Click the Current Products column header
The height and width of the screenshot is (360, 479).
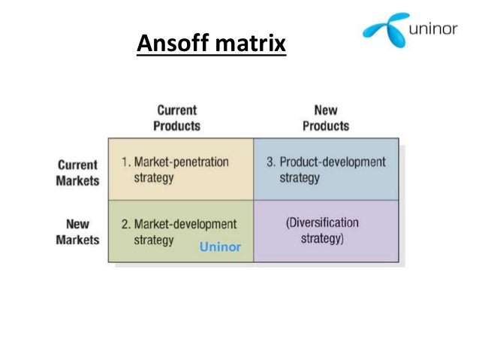coord(177,118)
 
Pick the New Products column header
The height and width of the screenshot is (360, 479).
coord(325,118)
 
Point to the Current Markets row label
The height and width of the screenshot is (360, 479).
coord(77,173)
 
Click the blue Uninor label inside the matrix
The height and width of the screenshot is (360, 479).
coord(220,246)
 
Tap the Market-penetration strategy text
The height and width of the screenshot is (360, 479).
coord(175,170)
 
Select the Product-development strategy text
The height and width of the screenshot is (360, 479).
coord(327,170)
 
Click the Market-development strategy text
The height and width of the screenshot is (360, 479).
coord(178,232)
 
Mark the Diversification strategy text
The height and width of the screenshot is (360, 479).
coord(322,231)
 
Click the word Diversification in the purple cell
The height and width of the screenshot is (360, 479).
coord(324,222)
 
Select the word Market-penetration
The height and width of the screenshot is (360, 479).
coord(182,162)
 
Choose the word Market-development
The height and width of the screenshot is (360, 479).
coord(185,224)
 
